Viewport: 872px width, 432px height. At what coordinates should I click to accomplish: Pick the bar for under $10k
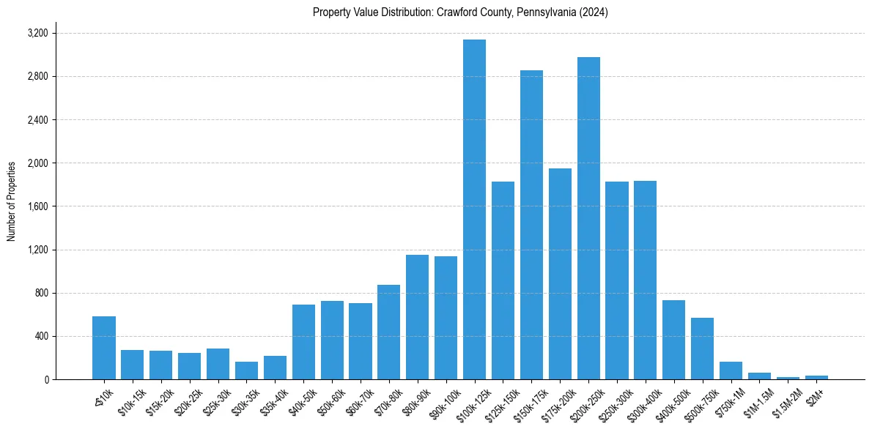tap(104, 348)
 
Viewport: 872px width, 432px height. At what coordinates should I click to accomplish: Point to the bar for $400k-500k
tap(673, 340)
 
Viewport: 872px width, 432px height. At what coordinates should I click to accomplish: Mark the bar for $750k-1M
tap(731, 370)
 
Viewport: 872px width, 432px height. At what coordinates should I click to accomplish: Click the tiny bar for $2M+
tap(816, 377)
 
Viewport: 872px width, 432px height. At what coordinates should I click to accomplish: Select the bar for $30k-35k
tap(246, 370)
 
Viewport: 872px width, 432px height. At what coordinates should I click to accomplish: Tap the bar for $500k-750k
tap(702, 349)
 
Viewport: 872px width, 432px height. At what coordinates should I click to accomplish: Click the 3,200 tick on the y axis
tap(37, 34)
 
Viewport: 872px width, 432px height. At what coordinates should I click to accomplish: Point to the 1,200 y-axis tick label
tap(37, 250)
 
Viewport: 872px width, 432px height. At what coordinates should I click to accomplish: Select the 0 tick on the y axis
tap(45, 380)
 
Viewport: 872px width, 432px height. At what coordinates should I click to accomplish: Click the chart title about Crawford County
tap(460, 12)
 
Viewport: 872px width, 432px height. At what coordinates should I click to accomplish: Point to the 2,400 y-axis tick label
tap(37, 120)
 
